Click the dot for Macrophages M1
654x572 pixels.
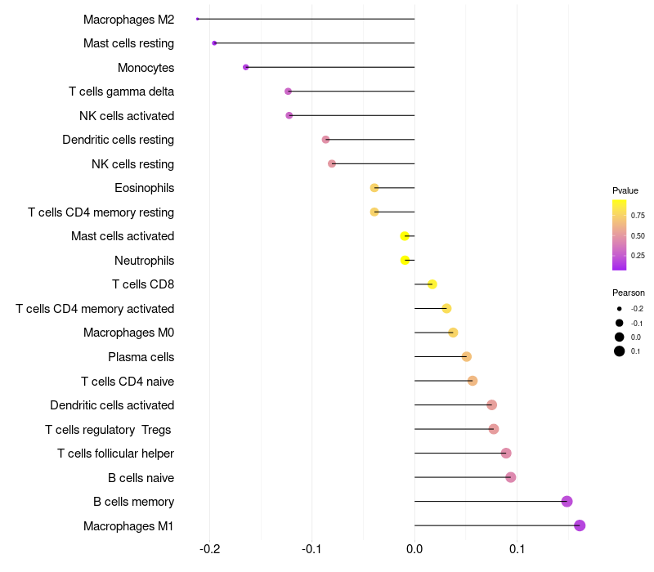[x=580, y=525]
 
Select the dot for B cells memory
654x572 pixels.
[x=567, y=502]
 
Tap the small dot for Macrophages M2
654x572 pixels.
[x=198, y=19]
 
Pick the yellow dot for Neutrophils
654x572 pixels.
[x=405, y=261]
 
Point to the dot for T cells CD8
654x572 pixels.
[x=432, y=284]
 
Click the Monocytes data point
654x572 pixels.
[x=245, y=67]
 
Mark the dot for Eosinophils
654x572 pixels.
[x=374, y=188]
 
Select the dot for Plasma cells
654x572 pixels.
[x=466, y=356]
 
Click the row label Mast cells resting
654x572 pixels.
[x=128, y=43]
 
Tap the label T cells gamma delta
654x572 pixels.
[x=121, y=92]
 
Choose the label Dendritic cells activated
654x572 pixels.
[x=112, y=405]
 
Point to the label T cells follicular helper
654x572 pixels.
[x=115, y=454]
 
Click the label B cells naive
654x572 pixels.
[x=141, y=477]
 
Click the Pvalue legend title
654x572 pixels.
[x=625, y=190]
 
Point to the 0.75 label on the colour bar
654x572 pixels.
[x=637, y=216]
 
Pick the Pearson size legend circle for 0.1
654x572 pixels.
[x=620, y=351]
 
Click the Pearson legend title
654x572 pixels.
[x=628, y=293]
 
